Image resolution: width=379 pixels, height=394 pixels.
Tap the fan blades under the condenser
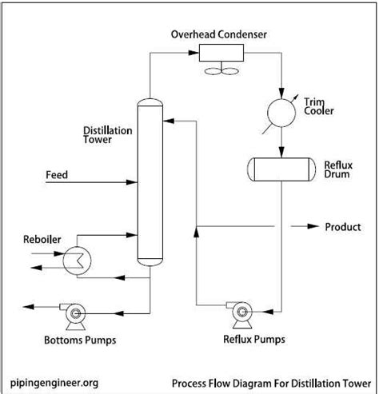tap(221, 71)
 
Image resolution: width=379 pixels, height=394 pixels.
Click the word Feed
tap(57, 175)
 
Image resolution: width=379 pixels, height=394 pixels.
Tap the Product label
tap(343, 227)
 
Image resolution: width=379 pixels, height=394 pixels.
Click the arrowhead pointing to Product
tap(313, 226)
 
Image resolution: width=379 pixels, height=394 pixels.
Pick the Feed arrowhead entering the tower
tap(132, 182)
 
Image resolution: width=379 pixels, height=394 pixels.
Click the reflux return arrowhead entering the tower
tap(169, 121)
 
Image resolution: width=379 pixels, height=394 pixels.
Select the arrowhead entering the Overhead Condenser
tap(193, 53)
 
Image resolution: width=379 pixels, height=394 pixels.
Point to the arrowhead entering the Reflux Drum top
tap(281, 152)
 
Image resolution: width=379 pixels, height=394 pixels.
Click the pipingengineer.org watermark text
tap(54, 383)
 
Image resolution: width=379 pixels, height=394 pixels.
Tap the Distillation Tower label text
tap(108, 135)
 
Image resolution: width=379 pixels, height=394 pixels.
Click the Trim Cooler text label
tap(319, 106)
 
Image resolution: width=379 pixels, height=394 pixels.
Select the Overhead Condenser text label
tap(219, 34)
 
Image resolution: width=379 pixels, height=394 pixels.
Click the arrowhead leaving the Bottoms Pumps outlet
tap(29, 307)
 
